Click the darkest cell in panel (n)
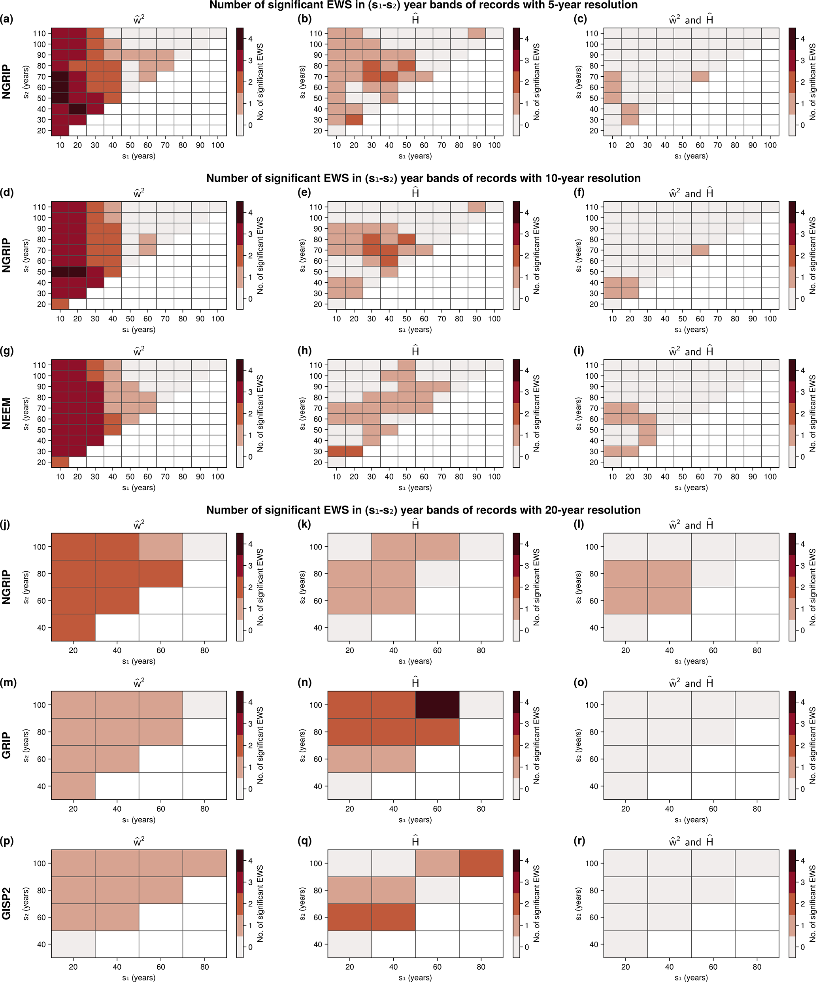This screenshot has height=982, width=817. tap(437, 704)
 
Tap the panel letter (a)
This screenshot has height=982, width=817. tap(7, 19)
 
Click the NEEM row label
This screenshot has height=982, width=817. tap(7, 414)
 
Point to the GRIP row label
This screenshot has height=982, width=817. tap(7, 745)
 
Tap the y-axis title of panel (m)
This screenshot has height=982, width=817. tap(26, 745)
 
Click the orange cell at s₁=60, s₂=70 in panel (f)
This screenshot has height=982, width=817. tap(700, 250)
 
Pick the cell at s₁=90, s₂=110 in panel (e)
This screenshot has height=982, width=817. tap(477, 207)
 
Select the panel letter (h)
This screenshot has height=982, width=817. tap(304, 351)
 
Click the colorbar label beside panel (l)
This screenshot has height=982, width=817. tap(812, 587)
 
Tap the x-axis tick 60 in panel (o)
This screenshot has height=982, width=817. tap(713, 809)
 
